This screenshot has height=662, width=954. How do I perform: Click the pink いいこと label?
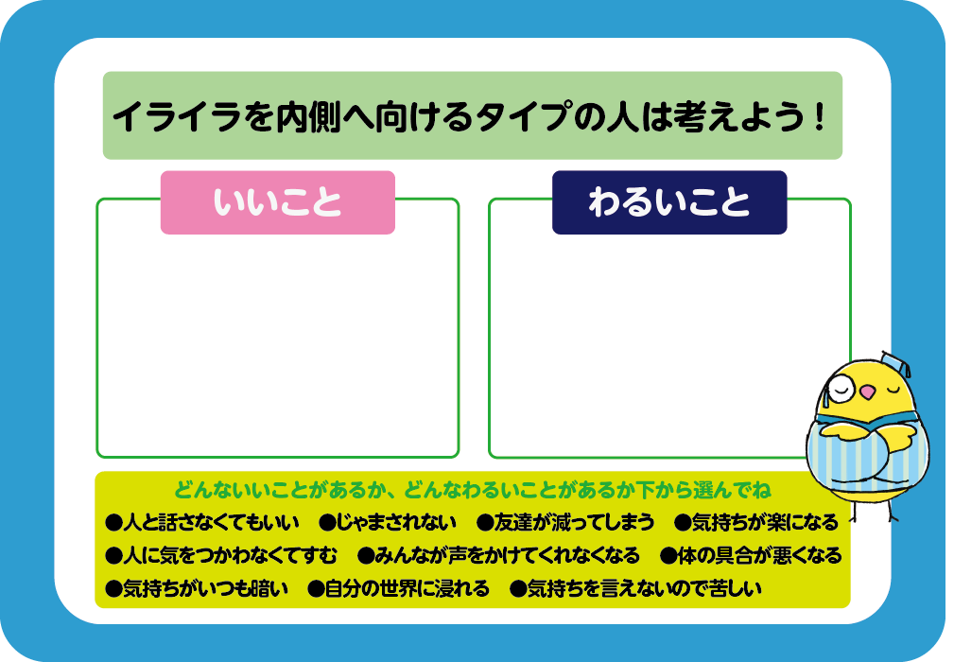[277, 202]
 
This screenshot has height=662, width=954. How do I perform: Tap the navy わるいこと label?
[669, 202]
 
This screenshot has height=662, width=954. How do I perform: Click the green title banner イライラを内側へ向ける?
[472, 115]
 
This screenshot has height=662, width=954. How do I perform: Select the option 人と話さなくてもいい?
[202, 522]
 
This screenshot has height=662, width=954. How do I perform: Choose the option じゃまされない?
[388, 522]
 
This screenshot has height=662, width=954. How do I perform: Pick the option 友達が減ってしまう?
[565, 522]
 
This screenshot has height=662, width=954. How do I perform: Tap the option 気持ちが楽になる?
[756, 522]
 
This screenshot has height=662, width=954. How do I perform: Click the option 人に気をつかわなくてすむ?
[221, 555]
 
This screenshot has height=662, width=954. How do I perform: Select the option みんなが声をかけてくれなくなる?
[498, 555]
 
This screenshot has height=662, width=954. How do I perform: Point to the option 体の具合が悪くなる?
[751, 555]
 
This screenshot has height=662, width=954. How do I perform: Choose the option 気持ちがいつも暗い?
[197, 588]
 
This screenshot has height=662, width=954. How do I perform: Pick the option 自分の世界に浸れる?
[398, 588]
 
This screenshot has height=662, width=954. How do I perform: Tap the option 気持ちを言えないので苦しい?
[635, 588]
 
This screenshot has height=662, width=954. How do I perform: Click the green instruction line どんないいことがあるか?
[472, 490]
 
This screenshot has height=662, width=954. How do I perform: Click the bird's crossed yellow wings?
[864, 436]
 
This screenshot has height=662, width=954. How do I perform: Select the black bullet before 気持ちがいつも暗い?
[113, 589]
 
